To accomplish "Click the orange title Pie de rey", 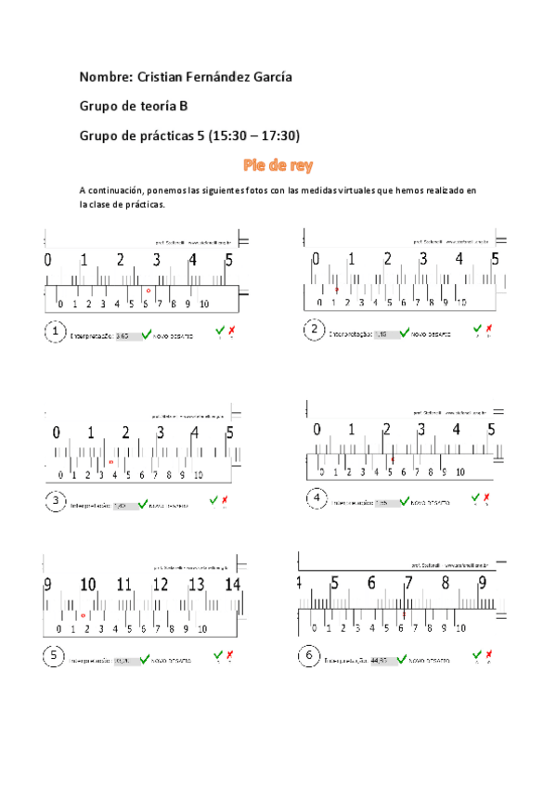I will pyautogui.click(x=278, y=166).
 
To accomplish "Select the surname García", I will pyautogui.click(x=268, y=76).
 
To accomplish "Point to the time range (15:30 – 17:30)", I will pyautogui.click(x=252, y=135).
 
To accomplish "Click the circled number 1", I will pyautogui.click(x=55, y=331).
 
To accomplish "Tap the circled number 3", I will pyautogui.click(x=57, y=502).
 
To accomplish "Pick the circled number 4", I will pyautogui.click(x=317, y=499).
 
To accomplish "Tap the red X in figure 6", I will pyautogui.click(x=488, y=657).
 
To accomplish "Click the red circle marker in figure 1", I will pyautogui.click(x=148, y=290).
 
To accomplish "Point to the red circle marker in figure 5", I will pyautogui.click(x=84, y=615).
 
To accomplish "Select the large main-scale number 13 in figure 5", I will pyautogui.click(x=197, y=585).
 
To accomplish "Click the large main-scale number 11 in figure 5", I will pyautogui.click(x=124, y=585).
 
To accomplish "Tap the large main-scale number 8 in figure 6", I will pyautogui.click(x=445, y=584).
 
